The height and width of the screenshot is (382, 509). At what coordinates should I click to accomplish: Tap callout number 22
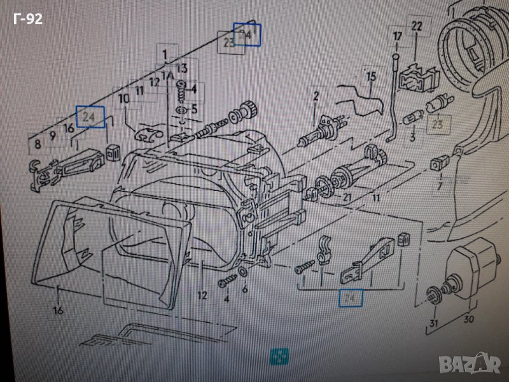417,26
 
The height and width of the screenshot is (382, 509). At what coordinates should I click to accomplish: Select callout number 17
397,36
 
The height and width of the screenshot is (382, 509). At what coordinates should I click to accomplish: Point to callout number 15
371,77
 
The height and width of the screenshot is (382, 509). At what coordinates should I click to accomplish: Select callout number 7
439,186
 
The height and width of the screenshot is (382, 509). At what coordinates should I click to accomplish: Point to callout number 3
412,137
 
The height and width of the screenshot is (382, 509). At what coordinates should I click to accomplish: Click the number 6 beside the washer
245,288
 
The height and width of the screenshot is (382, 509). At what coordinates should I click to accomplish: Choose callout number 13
182,68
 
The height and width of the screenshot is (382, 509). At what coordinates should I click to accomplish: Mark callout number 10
123,99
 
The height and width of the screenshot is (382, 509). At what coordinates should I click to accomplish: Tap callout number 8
38,145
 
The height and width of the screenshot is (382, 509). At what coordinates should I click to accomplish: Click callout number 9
53,134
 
